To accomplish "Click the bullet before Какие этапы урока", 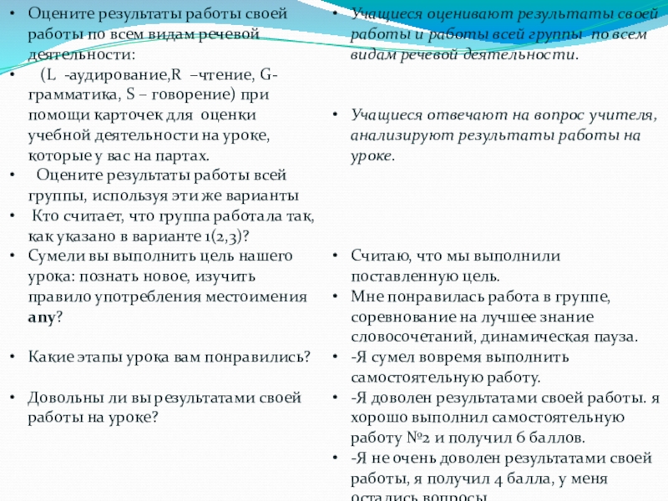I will click(11, 357).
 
